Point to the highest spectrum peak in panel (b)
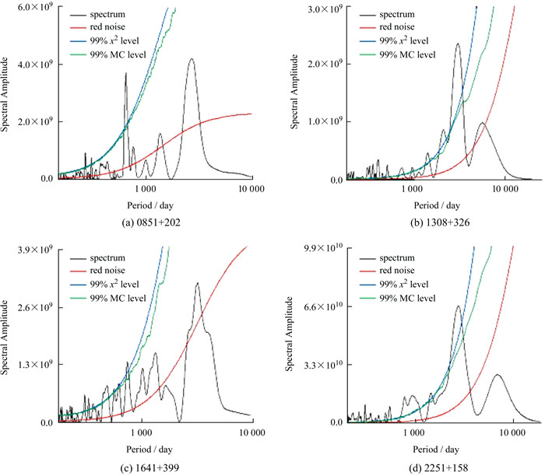pyautogui.click(x=457, y=44)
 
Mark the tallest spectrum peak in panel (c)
pyautogui.click(x=198, y=283)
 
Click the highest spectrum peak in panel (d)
pyautogui.click(x=457, y=306)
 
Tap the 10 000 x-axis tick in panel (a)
pyautogui.click(x=251, y=190)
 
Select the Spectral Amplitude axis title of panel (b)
pyautogui.click(x=296, y=93)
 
